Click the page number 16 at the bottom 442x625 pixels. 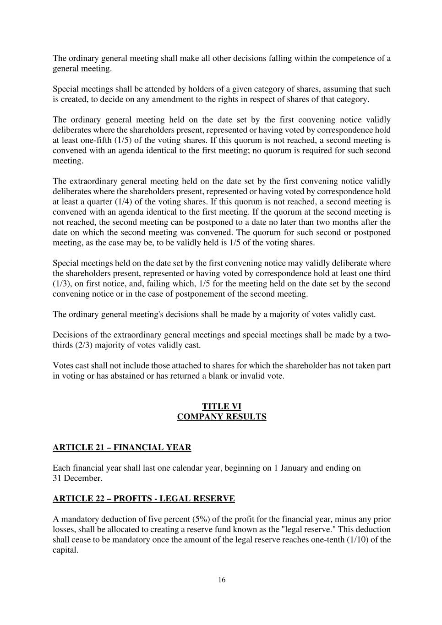point(222,580)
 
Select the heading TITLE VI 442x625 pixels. point(222,406)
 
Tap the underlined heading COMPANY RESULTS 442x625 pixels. point(222,417)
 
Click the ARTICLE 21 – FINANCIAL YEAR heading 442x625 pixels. point(122,447)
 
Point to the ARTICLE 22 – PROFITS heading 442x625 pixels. point(144,499)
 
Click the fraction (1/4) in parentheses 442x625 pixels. point(115,201)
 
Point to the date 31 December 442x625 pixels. point(77,478)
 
